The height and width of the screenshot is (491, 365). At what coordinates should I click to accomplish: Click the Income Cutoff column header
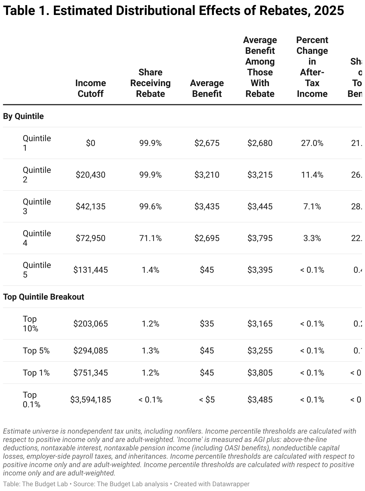point(90,89)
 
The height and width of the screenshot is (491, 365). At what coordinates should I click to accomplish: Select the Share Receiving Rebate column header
point(150,83)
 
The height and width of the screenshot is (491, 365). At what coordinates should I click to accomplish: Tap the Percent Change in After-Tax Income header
point(312,67)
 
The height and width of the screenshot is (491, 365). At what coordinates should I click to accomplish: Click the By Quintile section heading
point(23,116)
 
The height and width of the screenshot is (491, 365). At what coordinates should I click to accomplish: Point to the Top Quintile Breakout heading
point(44,297)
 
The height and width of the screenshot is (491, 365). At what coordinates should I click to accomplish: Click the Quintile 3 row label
point(36,206)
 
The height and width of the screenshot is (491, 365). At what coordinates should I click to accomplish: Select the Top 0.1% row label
point(31,399)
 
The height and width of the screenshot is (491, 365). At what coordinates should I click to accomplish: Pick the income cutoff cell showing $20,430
point(90,175)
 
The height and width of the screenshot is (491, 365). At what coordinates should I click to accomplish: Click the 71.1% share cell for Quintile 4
point(150,238)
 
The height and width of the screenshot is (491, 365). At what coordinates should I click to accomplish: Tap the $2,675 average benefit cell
point(207,143)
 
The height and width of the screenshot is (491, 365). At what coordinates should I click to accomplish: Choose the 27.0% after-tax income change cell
point(312,143)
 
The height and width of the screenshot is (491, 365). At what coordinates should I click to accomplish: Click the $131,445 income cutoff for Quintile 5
point(90,270)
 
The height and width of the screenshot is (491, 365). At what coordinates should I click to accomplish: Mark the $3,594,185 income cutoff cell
point(90,399)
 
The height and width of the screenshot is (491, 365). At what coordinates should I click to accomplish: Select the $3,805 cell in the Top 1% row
point(260,373)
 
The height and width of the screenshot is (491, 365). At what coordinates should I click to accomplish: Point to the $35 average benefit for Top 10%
point(207,324)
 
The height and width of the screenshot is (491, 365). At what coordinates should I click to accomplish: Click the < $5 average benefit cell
point(207,399)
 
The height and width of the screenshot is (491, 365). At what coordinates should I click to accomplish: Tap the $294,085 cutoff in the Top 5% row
point(90,350)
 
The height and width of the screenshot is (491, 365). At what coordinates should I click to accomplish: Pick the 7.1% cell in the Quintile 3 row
point(312,206)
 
